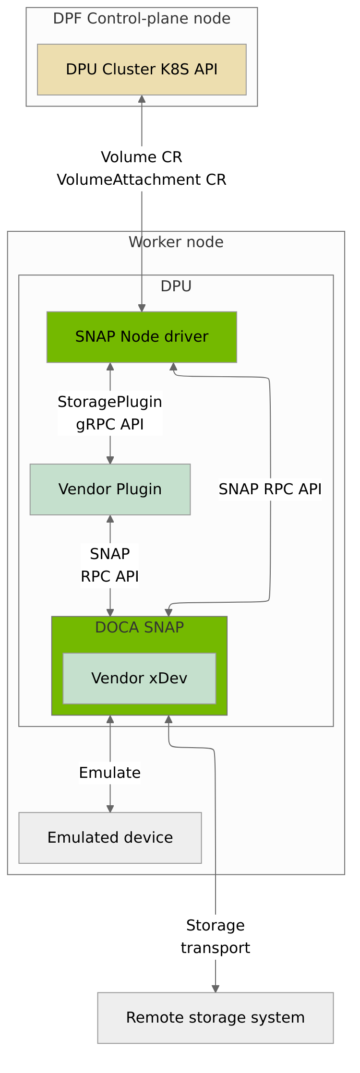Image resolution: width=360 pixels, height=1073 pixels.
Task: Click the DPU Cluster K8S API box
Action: tap(142, 70)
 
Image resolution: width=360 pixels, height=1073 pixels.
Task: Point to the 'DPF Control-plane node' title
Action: tap(142, 19)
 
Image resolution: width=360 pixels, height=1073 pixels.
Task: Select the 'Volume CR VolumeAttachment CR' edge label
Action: tap(142, 168)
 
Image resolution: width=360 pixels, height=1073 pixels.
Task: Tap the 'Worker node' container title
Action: tap(176, 242)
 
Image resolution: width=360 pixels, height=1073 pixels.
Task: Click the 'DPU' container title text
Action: tap(176, 286)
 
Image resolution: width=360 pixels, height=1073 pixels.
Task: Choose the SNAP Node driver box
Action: tap(142, 337)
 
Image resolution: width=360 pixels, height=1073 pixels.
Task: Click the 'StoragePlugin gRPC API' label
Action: tap(110, 413)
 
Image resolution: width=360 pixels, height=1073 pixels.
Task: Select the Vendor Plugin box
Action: tap(110, 489)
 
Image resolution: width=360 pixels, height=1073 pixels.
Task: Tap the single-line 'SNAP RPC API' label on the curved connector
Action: tap(270, 489)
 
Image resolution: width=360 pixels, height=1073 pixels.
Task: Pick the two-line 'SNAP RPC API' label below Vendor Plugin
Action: tap(110, 565)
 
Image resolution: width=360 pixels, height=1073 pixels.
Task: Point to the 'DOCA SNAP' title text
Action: tap(139, 627)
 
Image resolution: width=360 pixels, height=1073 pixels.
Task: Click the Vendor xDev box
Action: tap(139, 678)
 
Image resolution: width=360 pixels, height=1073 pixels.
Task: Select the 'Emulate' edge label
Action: tap(110, 773)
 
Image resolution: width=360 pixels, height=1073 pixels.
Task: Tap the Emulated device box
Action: tap(110, 837)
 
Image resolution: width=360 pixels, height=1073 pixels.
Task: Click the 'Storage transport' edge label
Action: tap(216, 936)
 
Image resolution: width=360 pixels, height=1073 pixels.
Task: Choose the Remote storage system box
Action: tap(216, 1017)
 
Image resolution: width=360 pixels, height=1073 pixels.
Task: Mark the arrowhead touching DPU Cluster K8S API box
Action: tap(142, 99)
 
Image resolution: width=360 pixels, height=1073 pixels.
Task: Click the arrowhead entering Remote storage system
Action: tap(216, 989)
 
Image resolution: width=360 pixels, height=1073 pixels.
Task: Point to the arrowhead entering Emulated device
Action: tap(110, 809)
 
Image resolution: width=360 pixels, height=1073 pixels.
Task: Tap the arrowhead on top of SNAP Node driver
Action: tap(142, 308)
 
